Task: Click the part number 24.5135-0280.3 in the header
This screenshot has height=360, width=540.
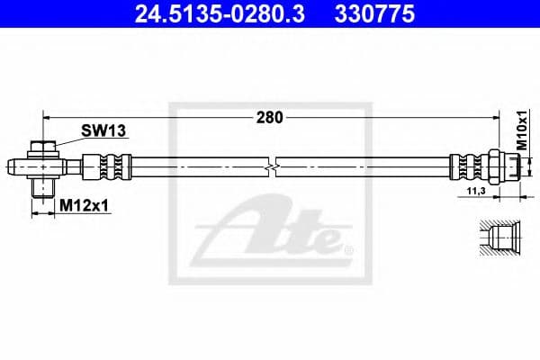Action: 208,14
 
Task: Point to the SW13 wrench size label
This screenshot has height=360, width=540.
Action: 103,131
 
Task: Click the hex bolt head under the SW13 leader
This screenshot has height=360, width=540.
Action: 42,148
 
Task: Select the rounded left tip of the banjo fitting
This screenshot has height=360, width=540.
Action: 13,166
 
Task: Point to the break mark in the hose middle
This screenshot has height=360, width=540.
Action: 273,166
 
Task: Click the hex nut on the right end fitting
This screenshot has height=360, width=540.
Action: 494,166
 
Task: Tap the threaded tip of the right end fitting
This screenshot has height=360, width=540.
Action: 512,166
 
